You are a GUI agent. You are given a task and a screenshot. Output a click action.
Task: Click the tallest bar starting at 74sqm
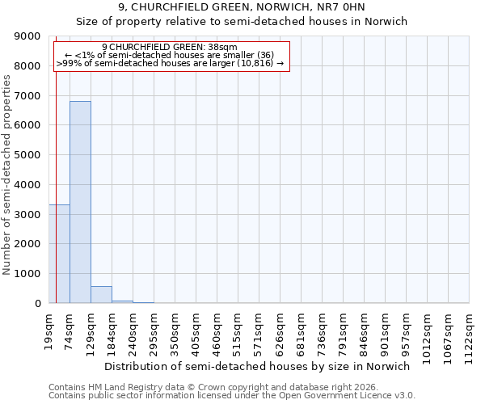[80, 202]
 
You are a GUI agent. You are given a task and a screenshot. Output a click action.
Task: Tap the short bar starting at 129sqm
[101, 295]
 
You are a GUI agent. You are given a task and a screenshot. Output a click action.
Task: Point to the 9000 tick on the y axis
[27, 36]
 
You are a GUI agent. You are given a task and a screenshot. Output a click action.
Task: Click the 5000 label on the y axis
[27, 155]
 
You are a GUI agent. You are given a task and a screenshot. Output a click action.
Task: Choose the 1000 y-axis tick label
[27, 274]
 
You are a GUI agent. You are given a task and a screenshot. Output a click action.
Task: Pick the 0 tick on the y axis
[37, 304]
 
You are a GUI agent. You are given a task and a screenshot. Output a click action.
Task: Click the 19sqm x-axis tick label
[49, 329]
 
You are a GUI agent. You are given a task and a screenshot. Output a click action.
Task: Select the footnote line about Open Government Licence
[232, 396]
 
